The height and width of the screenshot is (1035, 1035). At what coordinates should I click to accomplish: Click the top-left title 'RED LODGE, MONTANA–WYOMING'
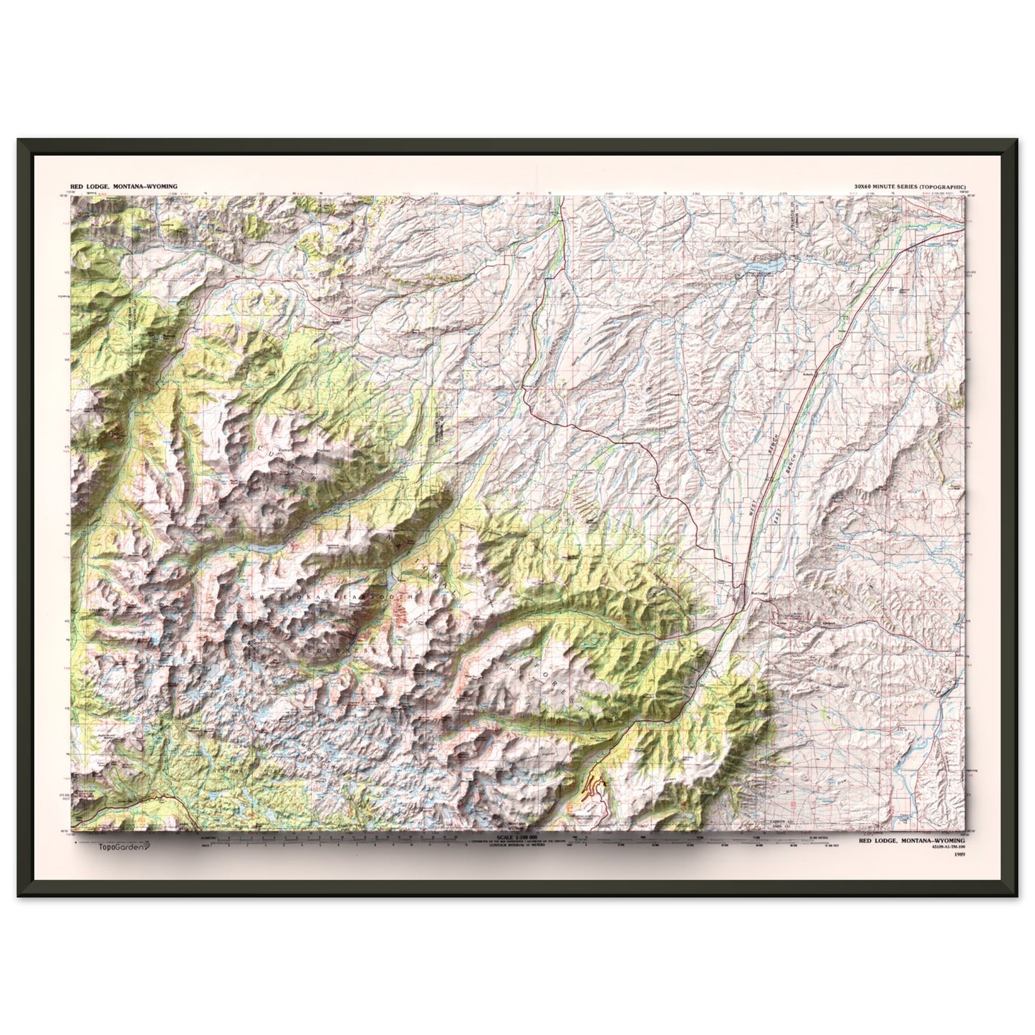click(121, 186)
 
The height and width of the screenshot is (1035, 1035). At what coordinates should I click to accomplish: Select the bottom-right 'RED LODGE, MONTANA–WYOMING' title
click(910, 841)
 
